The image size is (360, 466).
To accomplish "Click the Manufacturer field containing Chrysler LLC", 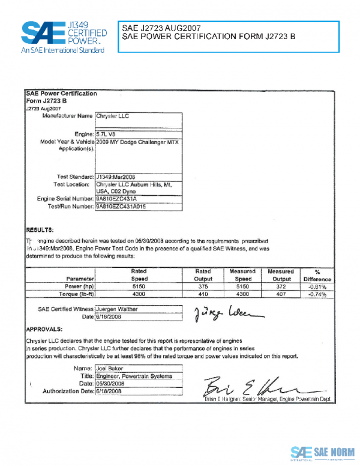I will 137,115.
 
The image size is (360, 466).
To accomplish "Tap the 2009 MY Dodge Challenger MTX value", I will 137,142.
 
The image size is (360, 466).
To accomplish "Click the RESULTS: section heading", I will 40,230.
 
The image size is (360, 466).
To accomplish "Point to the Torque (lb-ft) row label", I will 74,295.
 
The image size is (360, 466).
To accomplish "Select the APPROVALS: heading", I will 44,330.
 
